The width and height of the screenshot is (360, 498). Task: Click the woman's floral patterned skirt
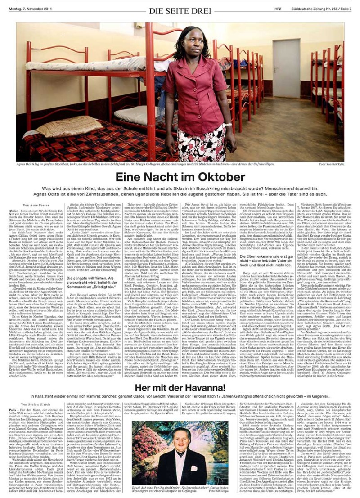point(208,135)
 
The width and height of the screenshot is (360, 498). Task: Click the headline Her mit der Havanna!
point(180,387)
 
